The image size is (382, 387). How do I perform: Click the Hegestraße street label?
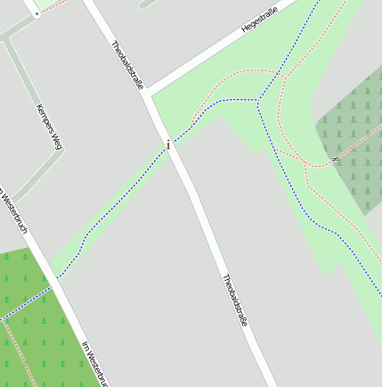coord(259,21)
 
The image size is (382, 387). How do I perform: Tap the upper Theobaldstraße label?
coord(127,65)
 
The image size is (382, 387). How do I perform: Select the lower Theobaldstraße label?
coord(234,300)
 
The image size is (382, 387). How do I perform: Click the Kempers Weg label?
coord(50,127)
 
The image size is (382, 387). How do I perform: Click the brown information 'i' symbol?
coord(168,144)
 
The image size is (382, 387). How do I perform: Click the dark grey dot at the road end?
coord(37,15)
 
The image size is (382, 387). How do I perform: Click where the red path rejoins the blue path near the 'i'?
coord(192,121)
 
